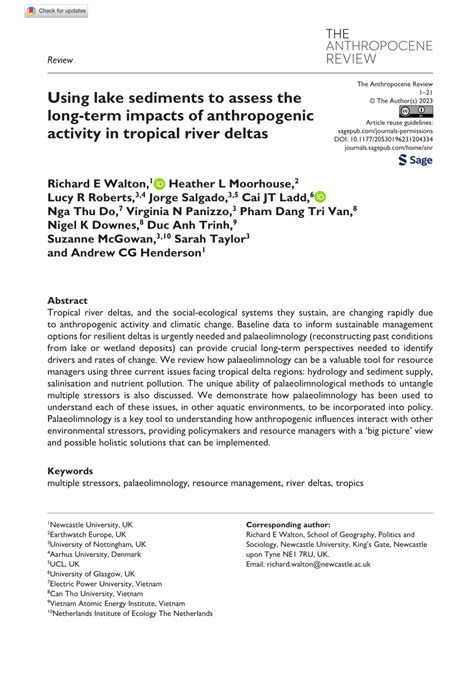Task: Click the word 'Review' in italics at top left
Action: pos(60,60)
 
